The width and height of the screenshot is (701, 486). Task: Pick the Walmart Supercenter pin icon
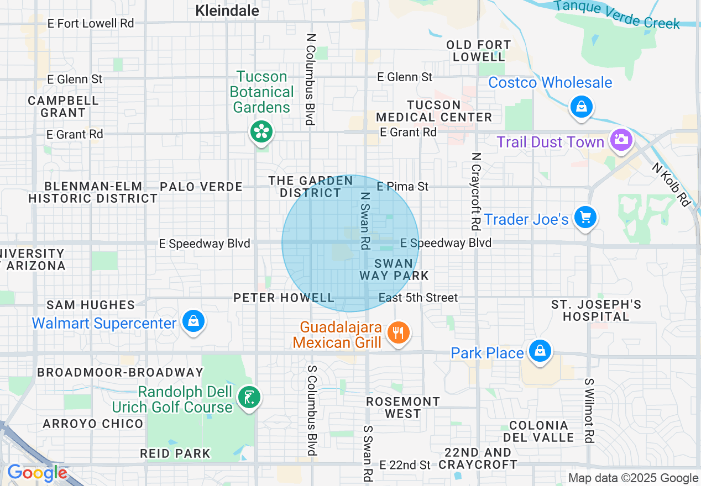(193, 321)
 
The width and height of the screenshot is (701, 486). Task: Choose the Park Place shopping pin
(540, 351)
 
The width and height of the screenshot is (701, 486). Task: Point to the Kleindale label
(227, 10)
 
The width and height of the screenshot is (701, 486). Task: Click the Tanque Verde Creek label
(616, 14)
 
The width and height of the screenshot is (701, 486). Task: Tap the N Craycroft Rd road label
(475, 191)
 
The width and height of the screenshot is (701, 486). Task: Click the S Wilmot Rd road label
(589, 410)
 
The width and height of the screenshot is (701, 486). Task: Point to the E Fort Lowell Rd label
(91, 24)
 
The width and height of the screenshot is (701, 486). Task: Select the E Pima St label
(402, 187)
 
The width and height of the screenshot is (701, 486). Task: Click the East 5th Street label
(418, 298)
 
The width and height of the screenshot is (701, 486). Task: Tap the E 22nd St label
(405, 465)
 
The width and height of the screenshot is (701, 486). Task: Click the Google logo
(37, 473)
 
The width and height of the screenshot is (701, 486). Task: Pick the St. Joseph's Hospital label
(596, 310)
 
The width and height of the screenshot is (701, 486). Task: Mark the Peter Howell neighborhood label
(284, 298)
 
